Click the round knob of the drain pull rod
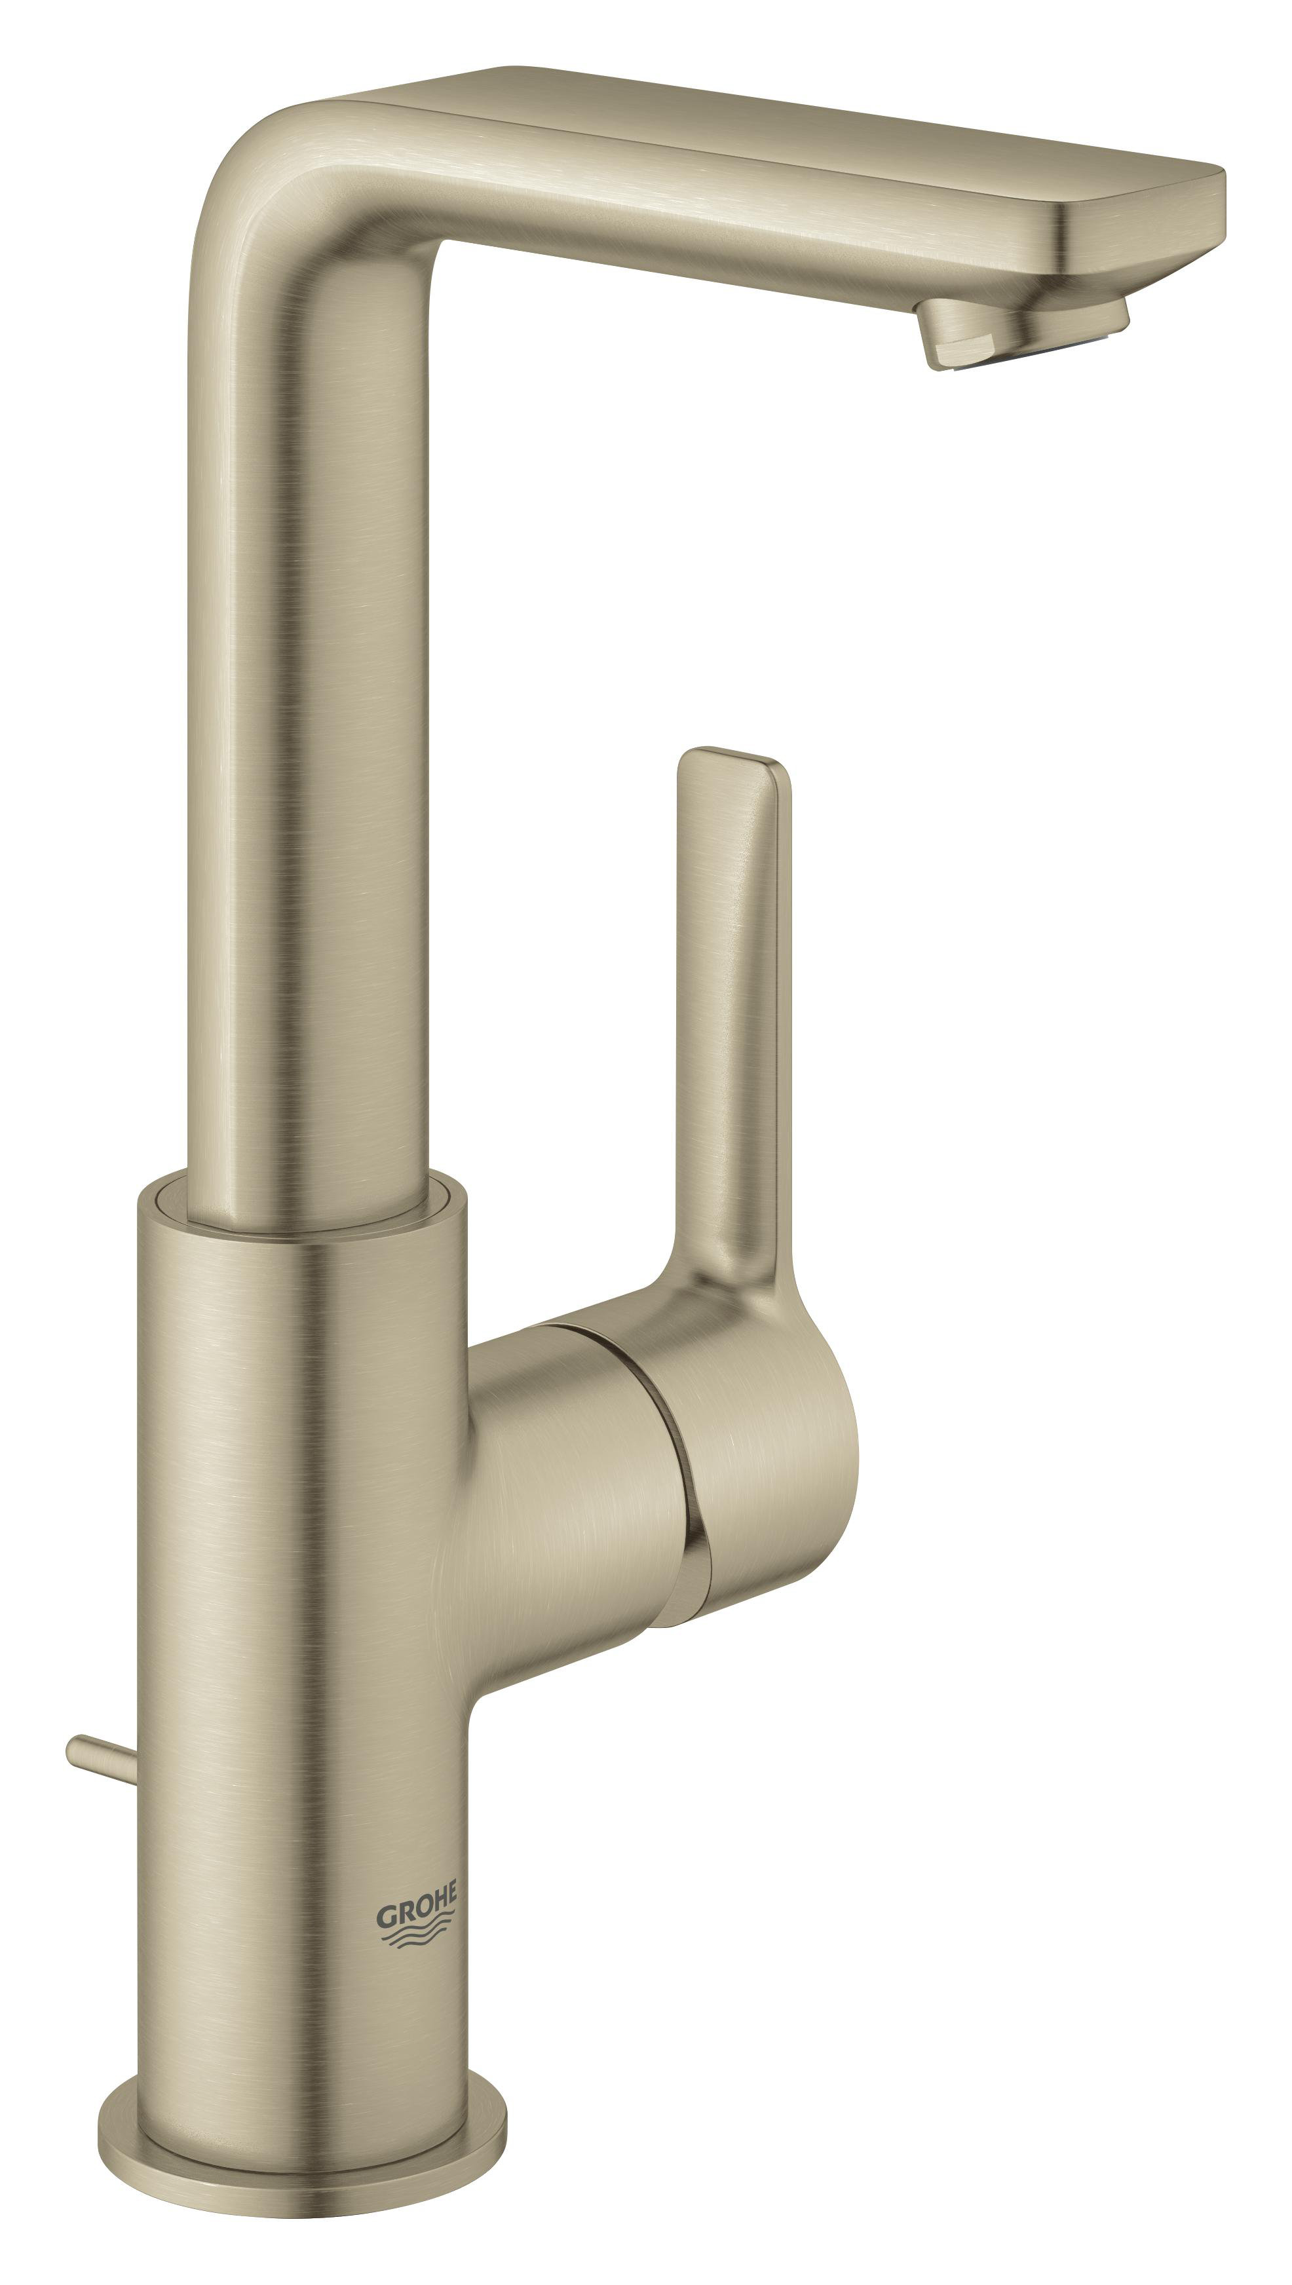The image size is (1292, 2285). pyautogui.click(x=75, y=1748)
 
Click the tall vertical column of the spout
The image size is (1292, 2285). pyautogui.click(x=311, y=709)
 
